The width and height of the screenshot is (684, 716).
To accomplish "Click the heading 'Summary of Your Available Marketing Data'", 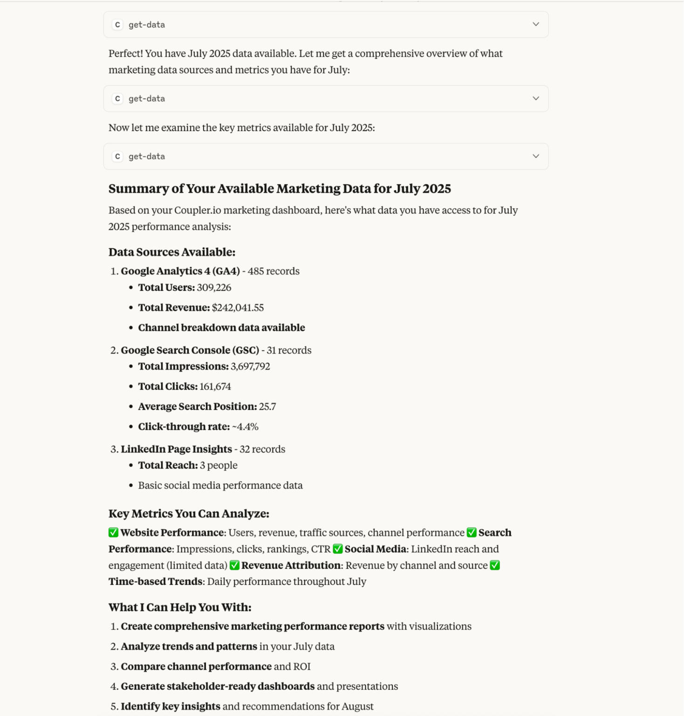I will (x=280, y=189).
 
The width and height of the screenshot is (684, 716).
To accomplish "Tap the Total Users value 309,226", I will (x=214, y=288).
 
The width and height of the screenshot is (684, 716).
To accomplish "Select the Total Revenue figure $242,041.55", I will (x=238, y=308).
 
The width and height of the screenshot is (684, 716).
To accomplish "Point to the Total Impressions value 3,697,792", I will (x=250, y=366).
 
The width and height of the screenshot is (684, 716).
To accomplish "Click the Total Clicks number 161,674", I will (x=215, y=386).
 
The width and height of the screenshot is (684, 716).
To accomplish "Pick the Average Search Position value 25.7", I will (x=267, y=406).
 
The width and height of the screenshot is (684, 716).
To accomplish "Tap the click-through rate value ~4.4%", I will (x=245, y=427).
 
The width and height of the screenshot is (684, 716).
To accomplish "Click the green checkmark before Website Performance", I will (x=113, y=532).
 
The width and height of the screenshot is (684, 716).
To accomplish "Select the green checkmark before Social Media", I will (x=338, y=549).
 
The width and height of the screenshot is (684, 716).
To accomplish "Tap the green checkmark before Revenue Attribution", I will (x=234, y=565).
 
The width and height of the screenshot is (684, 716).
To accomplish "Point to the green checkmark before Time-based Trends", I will (x=495, y=565).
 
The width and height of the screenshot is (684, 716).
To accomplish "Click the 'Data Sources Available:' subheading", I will (x=172, y=252).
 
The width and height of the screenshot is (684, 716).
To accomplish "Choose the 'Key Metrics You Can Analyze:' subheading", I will (x=189, y=514).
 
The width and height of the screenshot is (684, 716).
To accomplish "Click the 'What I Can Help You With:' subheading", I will (x=180, y=607).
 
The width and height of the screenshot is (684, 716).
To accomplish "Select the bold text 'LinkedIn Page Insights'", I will (x=176, y=449).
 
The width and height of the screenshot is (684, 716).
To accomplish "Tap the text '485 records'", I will (x=274, y=271).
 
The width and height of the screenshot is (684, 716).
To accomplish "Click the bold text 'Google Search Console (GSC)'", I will (x=190, y=351).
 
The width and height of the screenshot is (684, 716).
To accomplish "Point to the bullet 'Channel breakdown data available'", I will (x=221, y=328).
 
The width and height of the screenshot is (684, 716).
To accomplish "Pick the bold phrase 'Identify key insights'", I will (x=171, y=706).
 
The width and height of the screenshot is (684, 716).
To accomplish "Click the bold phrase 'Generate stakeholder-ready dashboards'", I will (x=218, y=686).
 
